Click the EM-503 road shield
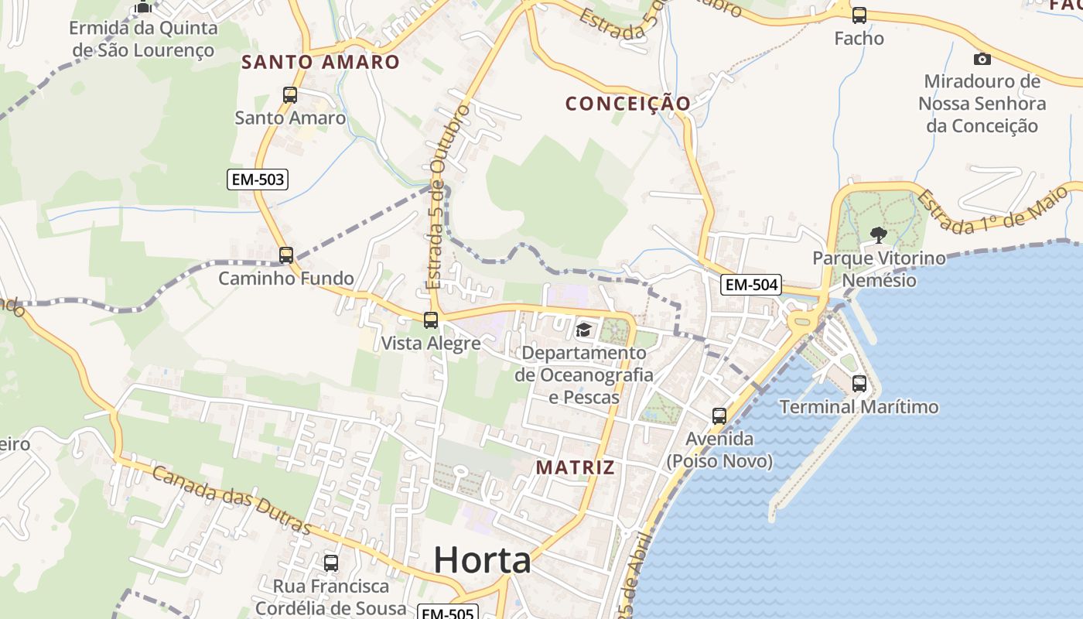(x=258, y=180)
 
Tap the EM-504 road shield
(x=751, y=285)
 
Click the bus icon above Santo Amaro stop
(x=290, y=95)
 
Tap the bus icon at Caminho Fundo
(x=286, y=255)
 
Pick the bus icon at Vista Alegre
(x=431, y=320)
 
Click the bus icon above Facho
(x=859, y=15)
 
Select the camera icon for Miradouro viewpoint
(x=982, y=59)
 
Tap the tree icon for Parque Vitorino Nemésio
(x=877, y=234)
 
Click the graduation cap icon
(x=583, y=330)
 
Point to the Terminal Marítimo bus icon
(x=859, y=383)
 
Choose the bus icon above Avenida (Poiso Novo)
(x=719, y=416)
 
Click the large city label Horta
(x=482, y=559)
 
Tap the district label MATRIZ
(x=576, y=467)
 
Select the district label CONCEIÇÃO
(x=627, y=103)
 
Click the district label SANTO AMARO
(x=320, y=62)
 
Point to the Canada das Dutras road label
(x=231, y=500)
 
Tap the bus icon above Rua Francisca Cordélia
(x=331, y=563)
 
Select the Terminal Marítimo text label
(x=859, y=407)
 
